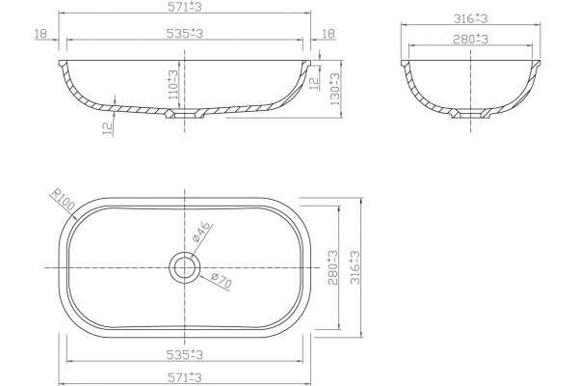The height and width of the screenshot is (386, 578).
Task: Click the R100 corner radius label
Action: tap(63, 200)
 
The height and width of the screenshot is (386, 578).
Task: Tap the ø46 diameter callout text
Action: tap(202, 232)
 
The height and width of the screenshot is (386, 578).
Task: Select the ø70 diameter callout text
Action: tap(222, 281)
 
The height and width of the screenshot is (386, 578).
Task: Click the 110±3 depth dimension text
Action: tap(172, 84)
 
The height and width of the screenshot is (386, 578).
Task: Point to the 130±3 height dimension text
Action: tap(335, 89)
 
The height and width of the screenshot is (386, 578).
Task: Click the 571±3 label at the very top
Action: tap(185, 7)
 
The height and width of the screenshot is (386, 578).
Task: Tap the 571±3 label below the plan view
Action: tap(185, 377)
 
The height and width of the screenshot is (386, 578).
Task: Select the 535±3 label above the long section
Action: tap(185, 34)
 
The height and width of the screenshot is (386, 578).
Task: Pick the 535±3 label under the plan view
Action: tap(185, 354)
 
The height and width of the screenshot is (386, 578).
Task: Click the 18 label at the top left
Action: tap(40, 34)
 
